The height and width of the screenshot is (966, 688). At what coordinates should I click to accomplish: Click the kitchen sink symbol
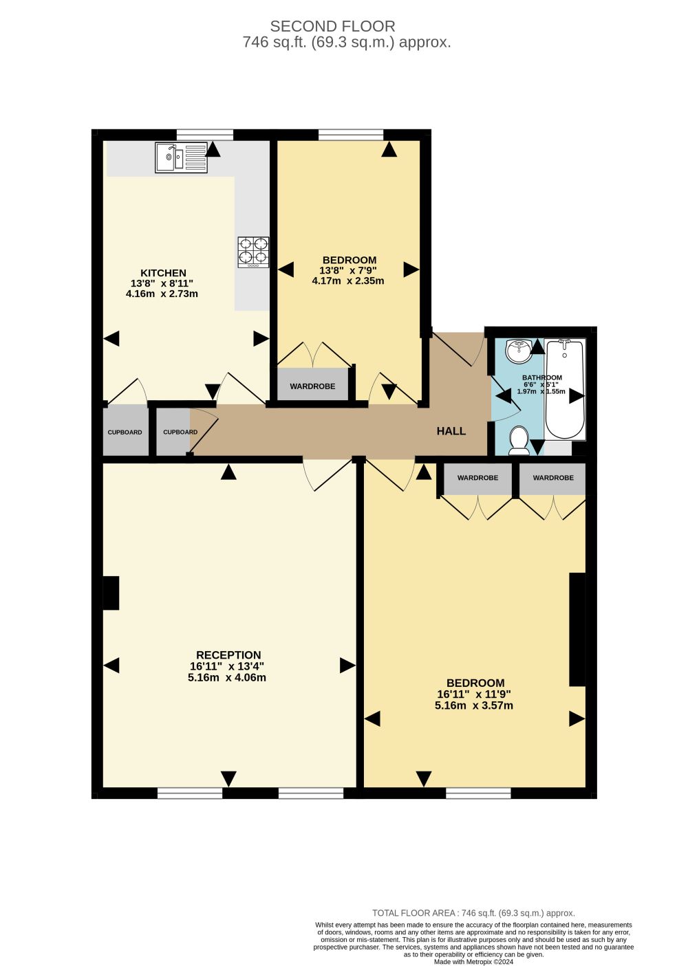pyautogui.click(x=181, y=158)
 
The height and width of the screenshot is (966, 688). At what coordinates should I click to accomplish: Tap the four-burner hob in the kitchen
pyautogui.click(x=253, y=252)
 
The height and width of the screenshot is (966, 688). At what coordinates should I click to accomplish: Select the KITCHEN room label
pyautogui.click(x=163, y=273)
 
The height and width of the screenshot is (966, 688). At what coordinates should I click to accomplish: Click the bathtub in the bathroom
pyautogui.click(x=565, y=389)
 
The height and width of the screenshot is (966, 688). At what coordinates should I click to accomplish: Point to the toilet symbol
pyautogui.click(x=519, y=440)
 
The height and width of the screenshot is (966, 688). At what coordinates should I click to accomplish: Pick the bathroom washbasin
pyautogui.click(x=519, y=351)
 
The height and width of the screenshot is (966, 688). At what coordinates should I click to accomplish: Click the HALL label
pyautogui.click(x=451, y=431)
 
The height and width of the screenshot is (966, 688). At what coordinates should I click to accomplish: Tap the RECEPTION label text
pyautogui.click(x=228, y=655)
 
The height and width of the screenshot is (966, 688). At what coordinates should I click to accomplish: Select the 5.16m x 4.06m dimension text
pyautogui.click(x=227, y=677)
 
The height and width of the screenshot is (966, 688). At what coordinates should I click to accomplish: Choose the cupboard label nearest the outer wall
pyautogui.click(x=125, y=432)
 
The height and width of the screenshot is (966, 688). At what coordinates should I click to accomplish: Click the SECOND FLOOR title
pyautogui.click(x=332, y=26)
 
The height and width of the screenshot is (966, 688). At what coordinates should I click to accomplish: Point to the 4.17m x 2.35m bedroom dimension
pyautogui.click(x=348, y=281)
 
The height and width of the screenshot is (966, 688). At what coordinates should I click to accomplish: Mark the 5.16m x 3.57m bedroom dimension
pyautogui.click(x=474, y=705)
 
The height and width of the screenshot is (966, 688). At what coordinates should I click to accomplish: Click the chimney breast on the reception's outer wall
pyautogui.click(x=111, y=593)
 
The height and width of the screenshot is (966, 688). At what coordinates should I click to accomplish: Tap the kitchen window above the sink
pyautogui.click(x=205, y=135)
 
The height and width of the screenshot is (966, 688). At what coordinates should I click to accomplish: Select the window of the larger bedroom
pyautogui.click(x=478, y=793)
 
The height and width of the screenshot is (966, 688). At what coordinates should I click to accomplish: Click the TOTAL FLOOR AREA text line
pyautogui.click(x=473, y=913)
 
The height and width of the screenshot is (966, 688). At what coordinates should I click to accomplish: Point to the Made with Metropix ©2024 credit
pyautogui.click(x=473, y=961)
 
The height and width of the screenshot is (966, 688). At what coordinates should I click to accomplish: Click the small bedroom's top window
pyautogui.click(x=350, y=135)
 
